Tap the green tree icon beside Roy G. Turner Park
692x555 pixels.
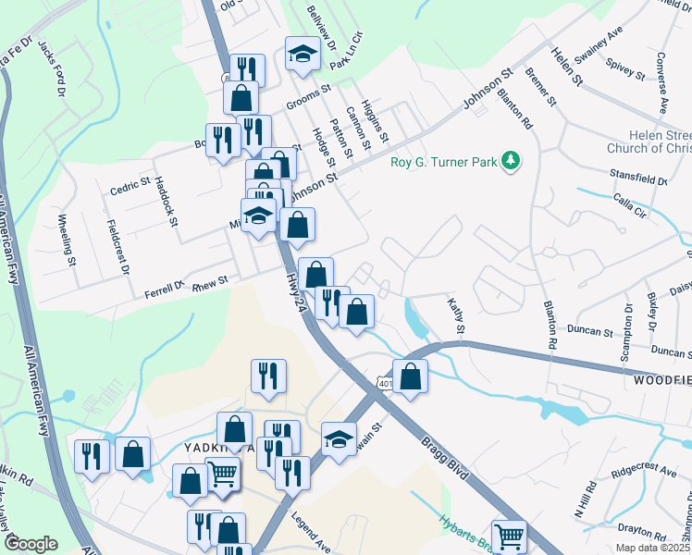[510, 163]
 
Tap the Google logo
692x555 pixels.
[31, 544]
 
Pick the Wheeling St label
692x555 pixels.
[66, 240]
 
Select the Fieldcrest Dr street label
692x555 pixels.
[118, 247]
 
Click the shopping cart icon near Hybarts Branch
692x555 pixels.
[509, 536]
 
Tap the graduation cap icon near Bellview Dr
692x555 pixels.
[303, 55]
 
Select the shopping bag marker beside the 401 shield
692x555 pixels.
[411, 377]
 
